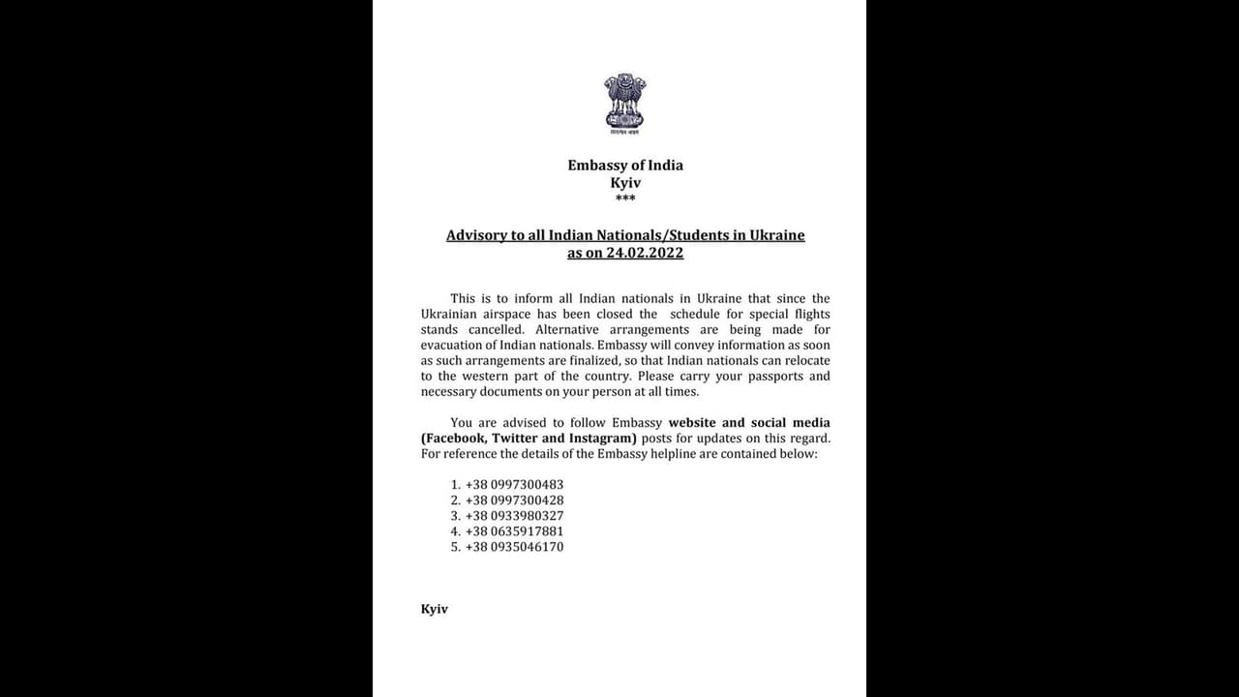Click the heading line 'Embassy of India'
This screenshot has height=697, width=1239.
point(625,166)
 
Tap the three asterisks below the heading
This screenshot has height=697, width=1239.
point(625,199)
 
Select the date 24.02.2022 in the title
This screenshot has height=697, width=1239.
point(646,253)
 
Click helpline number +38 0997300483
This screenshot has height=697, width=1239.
point(514,485)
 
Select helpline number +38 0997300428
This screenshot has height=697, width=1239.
point(514,500)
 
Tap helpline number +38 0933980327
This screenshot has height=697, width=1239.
point(514,516)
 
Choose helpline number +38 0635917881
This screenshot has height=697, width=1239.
point(514,531)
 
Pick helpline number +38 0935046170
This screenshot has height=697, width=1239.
point(514,547)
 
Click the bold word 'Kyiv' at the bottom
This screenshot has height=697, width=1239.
point(435,610)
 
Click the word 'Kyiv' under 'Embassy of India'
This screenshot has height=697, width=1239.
point(625,182)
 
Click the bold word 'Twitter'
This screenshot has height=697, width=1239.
point(515,439)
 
